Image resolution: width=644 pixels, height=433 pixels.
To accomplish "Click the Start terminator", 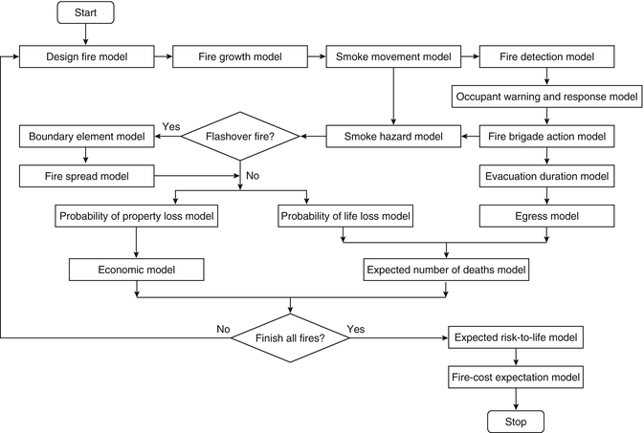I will [86, 13].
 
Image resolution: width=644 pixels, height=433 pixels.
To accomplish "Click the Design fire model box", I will [86, 57].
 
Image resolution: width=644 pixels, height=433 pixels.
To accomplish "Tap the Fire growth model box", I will [239, 57].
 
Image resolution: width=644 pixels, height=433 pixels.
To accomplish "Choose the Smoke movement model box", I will [392, 57].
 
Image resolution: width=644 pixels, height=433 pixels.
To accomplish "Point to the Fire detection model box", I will [546, 57].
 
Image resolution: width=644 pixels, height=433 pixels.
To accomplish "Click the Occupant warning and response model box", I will [546, 97].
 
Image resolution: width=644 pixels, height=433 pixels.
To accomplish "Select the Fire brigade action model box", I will [546, 137].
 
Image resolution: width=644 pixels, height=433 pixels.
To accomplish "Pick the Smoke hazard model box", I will [392, 137].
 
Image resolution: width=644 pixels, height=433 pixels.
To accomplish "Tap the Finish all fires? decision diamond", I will [291, 336].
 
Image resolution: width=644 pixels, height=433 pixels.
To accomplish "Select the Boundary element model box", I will [86, 137].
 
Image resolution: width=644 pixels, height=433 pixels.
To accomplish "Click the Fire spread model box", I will [86, 177].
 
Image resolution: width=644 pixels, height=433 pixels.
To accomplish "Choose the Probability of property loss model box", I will [136, 217].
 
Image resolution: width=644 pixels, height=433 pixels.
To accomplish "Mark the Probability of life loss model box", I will [345, 217].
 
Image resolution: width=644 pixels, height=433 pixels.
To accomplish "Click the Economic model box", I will [136, 271].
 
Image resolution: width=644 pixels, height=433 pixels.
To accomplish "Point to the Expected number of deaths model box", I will [446, 271].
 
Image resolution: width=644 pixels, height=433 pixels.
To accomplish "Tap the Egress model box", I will [546, 217].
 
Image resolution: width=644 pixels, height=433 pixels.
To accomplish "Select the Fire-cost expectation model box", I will [517, 377].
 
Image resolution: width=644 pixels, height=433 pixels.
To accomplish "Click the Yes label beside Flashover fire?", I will [172, 126].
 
